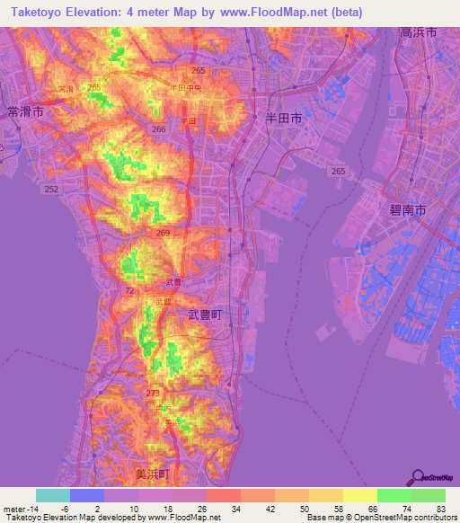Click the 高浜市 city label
click(x=419, y=31)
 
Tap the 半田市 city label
click(x=284, y=117)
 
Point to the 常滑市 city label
click(x=24, y=112)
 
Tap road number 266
click(x=159, y=129)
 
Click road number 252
click(x=51, y=189)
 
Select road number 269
click(x=164, y=233)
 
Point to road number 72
click(x=129, y=291)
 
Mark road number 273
click(x=153, y=393)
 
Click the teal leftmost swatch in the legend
click(x=53, y=495)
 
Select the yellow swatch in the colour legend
click(x=359, y=495)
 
